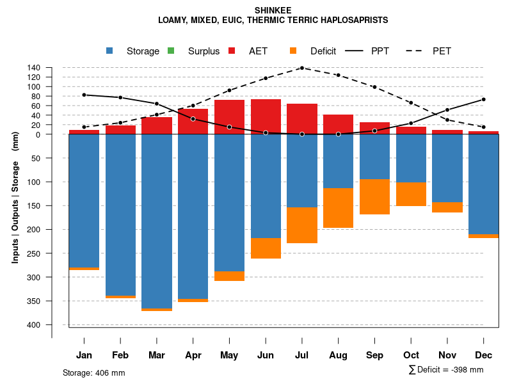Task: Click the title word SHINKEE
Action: click(x=273, y=10)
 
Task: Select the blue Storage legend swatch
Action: click(x=110, y=51)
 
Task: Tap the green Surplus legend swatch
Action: click(x=171, y=51)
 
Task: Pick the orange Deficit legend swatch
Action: click(x=293, y=51)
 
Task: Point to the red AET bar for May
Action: click(x=229, y=117)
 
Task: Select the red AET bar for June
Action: click(x=266, y=116)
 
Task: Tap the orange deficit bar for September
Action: click(x=374, y=196)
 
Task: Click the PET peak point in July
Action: click(x=301, y=68)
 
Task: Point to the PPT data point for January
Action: click(x=84, y=95)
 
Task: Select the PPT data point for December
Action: click(x=483, y=99)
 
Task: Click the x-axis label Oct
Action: click(x=411, y=355)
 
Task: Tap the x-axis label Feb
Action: click(x=120, y=355)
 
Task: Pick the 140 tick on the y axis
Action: click(x=34, y=68)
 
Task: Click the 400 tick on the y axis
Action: click(x=34, y=324)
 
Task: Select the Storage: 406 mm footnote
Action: click(x=93, y=372)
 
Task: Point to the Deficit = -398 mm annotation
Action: click(x=446, y=370)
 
